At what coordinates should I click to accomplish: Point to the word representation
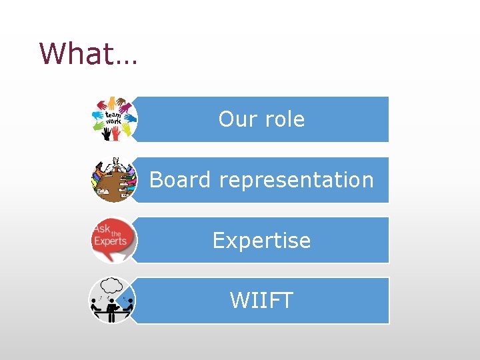(x=296, y=180)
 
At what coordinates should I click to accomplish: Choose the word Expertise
(x=261, y=240)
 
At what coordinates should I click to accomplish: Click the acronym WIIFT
(x=261, y=301)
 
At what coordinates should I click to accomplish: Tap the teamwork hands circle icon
(x=113, y=119)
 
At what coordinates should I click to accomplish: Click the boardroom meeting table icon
(x=113, y=179)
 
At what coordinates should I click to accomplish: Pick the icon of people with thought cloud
(x=112, y=301)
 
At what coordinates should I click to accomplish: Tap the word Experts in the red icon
(x=110, y=241)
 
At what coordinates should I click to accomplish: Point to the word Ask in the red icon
(x=102, y=229)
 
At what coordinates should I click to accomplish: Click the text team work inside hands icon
(x=113, y=119)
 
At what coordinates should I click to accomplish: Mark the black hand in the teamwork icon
(x=106, y=134)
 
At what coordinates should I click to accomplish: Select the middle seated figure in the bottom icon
(x=112, y=308)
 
